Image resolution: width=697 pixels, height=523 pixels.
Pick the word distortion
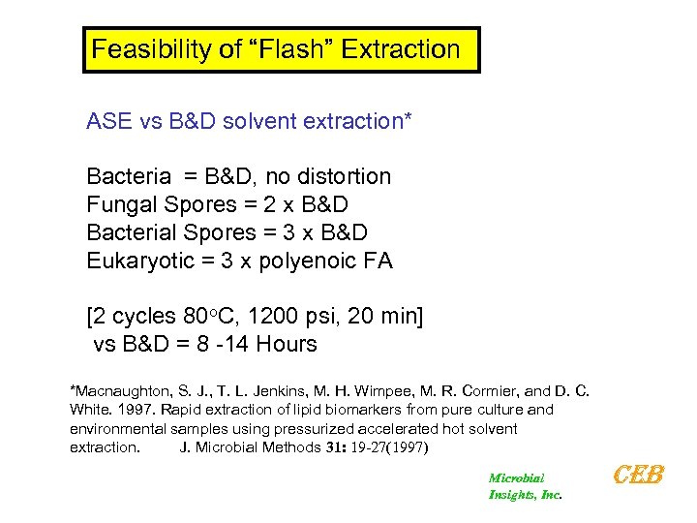[x=345, y=176]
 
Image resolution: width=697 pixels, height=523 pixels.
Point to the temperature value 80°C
[x=210, y=317]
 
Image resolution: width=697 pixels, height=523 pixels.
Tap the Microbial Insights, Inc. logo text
[x=524, y=486]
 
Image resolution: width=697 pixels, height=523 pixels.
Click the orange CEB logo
[x=639, y=476]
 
